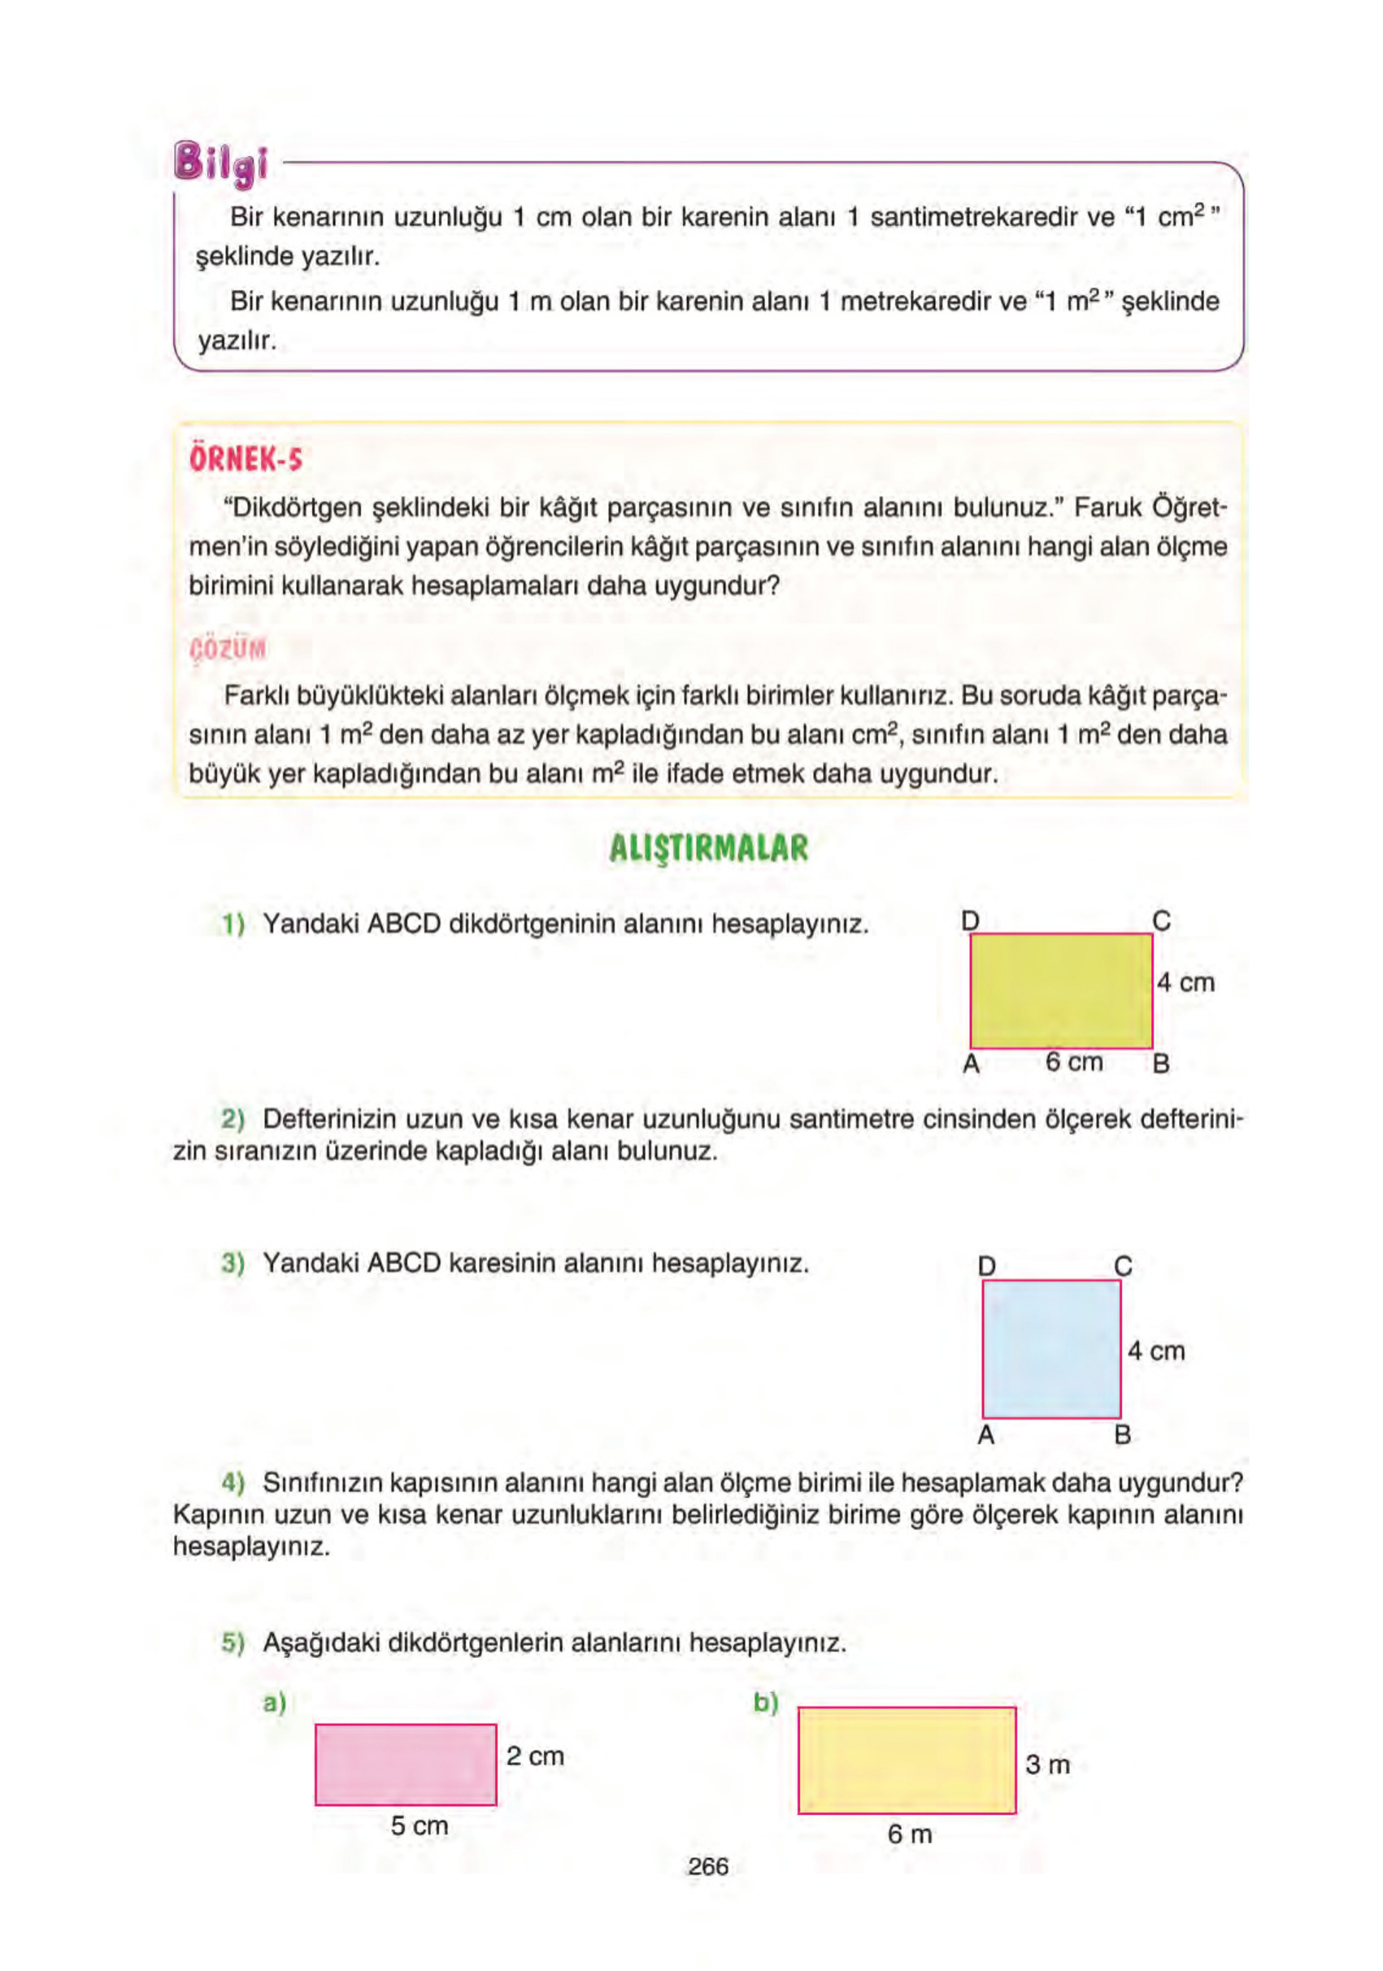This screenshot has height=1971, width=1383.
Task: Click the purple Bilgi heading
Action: click(221, 163)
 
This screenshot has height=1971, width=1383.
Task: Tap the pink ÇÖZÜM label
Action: click(228, 649)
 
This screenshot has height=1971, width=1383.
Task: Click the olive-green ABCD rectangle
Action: click(1061, 990)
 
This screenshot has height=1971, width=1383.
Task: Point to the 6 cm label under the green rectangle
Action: click(1074, 1062)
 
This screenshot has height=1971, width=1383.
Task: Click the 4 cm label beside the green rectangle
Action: click(1185, 982)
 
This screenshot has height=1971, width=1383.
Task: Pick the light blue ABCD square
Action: click(1050, 1349)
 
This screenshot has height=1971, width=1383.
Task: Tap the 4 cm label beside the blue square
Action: click(1155, 1351)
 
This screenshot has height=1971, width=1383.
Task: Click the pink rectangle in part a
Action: click(405, 1764)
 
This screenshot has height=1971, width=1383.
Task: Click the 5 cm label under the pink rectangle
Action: click(419, 1825)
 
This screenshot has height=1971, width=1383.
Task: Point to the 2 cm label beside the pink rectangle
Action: click(535, 1756)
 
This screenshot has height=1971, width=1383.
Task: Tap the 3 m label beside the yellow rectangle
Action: click(1047, 1765)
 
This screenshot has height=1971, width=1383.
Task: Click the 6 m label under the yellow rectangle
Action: click(909, 1834)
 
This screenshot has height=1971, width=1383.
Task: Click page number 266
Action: click(707, 1866)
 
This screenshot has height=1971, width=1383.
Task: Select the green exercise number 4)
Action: click(233, 1482)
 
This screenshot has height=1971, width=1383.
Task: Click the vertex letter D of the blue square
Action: click(986, 1266)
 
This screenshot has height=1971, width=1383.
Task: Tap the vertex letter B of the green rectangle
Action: click(1161, 1064)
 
